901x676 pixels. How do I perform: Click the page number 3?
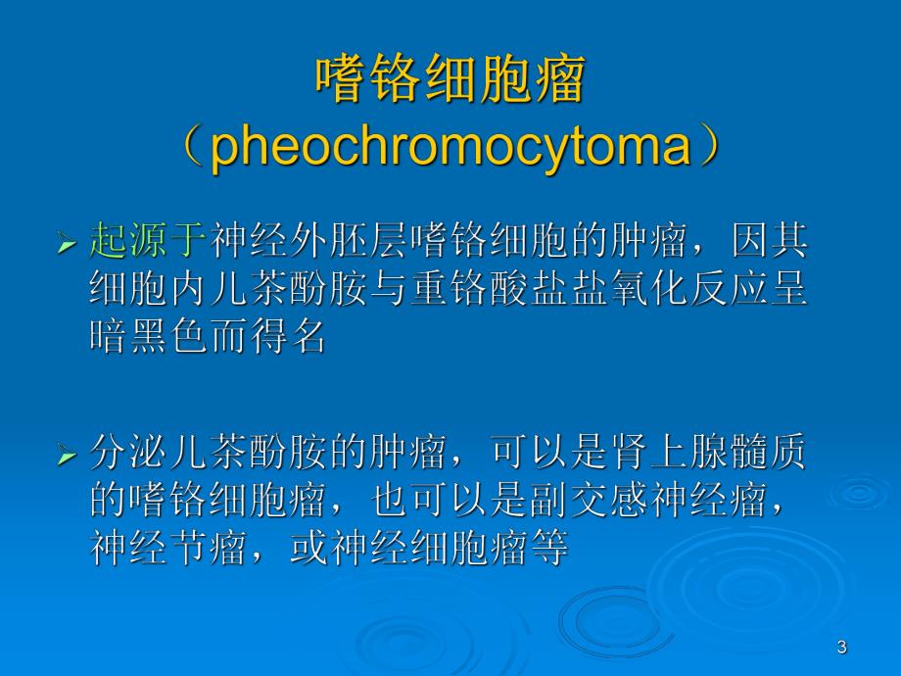point(842,647)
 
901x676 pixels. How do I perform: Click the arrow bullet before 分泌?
point(67,456)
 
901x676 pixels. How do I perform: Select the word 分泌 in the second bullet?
point(127,453)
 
